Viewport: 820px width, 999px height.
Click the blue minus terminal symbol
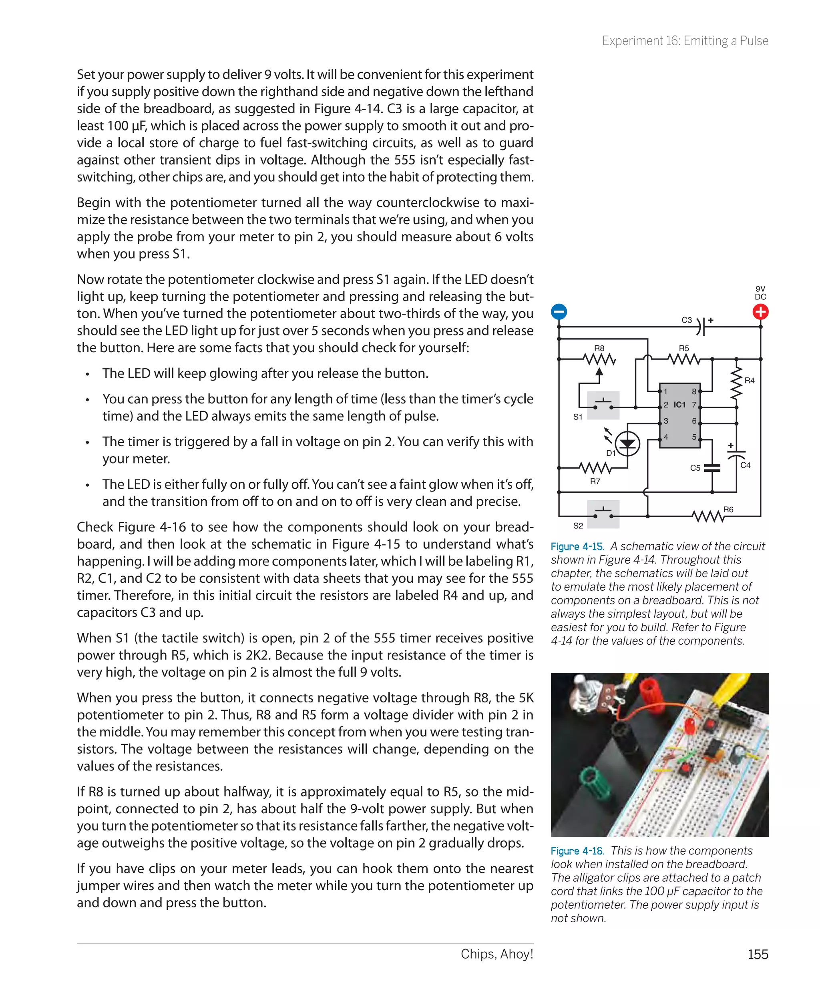click(x=559, y=312)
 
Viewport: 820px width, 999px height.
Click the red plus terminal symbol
click(x=760, y=312)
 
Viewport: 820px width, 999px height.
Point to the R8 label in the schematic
click(x=599, y=348)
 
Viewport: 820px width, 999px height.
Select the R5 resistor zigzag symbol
click(x=683, y=360)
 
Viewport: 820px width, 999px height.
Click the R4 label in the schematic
click(x=749, y=381)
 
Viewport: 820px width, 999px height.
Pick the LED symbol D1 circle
click(x=627, y=443)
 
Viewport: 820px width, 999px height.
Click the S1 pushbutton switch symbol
click(x=603, y=405)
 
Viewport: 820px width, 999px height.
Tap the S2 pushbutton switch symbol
click(x=603, y=514)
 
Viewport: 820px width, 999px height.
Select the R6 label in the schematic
click(x=728, y=510)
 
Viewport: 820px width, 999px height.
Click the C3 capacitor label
click(x=686, y=320)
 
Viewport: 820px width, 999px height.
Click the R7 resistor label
click(x=595, y=481)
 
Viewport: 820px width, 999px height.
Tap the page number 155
click(x=758, y=954)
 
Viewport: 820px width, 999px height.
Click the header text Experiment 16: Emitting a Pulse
click(x=685, y=41)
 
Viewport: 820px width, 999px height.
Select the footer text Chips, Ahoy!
click(x=497, y=954)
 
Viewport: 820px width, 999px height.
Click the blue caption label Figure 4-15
click(x=577, y=546)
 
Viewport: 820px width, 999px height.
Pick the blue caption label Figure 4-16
click(x=577, y=851)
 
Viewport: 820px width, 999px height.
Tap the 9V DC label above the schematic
click(x=760, y=293)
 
